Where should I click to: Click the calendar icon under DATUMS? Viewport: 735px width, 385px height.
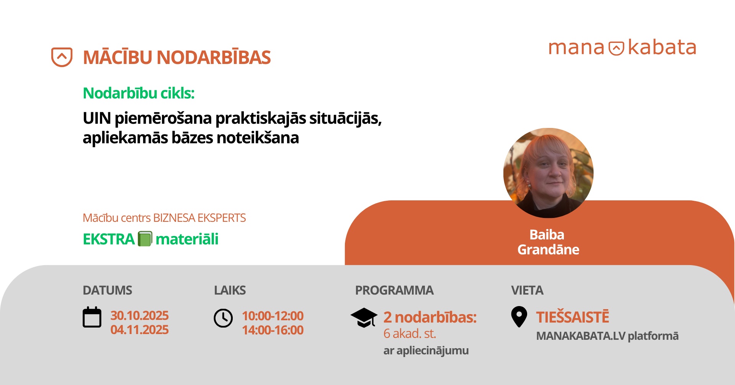(x=92, y=317)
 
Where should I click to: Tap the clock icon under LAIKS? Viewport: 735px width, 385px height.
(x=223, y=318)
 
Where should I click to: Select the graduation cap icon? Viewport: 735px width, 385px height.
(x=364, y=318)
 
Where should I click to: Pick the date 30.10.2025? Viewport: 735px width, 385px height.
(x=139, y=315)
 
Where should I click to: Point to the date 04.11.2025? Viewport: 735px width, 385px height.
(x=139, y=329)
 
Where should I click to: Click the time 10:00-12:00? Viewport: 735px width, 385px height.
(x=273, y=316)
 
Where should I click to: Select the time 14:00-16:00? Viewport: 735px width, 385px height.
(x=273, y=330)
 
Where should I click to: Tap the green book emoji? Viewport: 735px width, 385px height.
(x=145, y=239)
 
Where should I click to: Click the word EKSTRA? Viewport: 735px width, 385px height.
(x=109, y=239)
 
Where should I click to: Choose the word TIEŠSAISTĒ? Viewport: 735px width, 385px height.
(x=572, y=317)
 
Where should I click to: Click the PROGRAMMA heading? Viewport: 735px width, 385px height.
(x=394, y=290)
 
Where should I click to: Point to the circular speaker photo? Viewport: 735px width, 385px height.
(x=548, y=173)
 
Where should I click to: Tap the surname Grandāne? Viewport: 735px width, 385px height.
(x=548, y=250)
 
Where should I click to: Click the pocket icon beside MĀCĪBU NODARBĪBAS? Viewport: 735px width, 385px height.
(x=62, y=57)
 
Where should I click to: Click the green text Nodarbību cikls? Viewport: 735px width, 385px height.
(x=139, y=93)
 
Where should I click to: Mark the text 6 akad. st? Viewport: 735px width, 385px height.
(x=410, y=334)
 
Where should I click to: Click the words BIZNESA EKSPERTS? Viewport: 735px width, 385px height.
(x=199, y=218)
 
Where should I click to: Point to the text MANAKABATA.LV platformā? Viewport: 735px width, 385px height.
(x=607, y=336)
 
